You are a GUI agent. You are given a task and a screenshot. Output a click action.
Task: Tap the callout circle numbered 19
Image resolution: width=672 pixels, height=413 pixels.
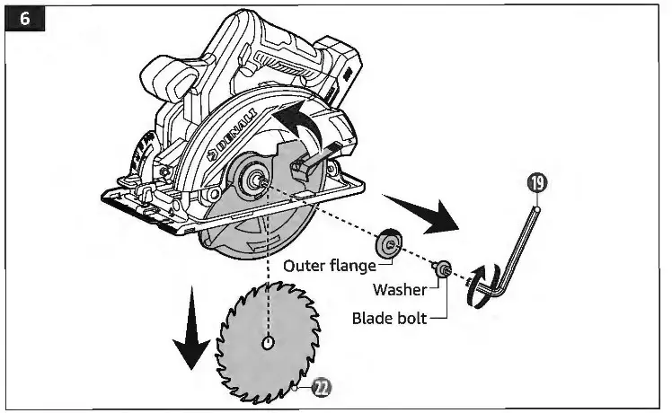coord(538,183)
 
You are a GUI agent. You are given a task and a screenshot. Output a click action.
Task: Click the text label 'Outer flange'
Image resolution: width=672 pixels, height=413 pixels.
coord(330,266)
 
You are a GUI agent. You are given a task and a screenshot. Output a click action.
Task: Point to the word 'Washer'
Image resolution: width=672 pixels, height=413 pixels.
coord(400,291)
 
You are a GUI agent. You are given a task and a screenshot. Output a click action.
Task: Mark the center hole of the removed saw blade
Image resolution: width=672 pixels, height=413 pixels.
coord(269,343)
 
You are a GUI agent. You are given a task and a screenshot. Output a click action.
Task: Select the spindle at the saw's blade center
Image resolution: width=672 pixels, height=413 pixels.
coord(256,179)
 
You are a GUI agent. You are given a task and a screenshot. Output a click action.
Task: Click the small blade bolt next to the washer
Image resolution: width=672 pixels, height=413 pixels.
coord(444,269)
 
